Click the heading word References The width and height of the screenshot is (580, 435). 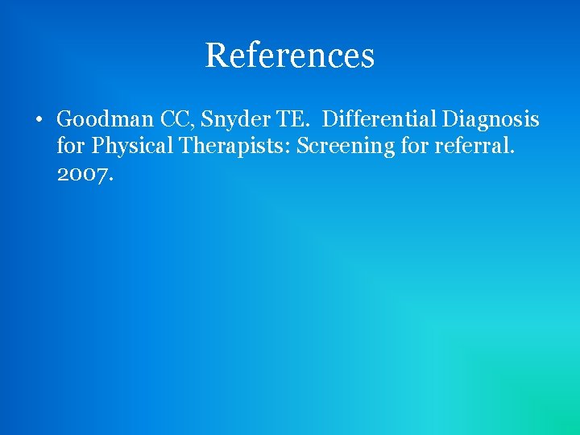(x=289, y=56)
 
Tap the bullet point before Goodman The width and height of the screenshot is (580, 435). (x=38, y=121)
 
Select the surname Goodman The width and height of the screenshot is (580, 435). (x=106, y=120)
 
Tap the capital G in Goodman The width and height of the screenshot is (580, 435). (x=65, y=120)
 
